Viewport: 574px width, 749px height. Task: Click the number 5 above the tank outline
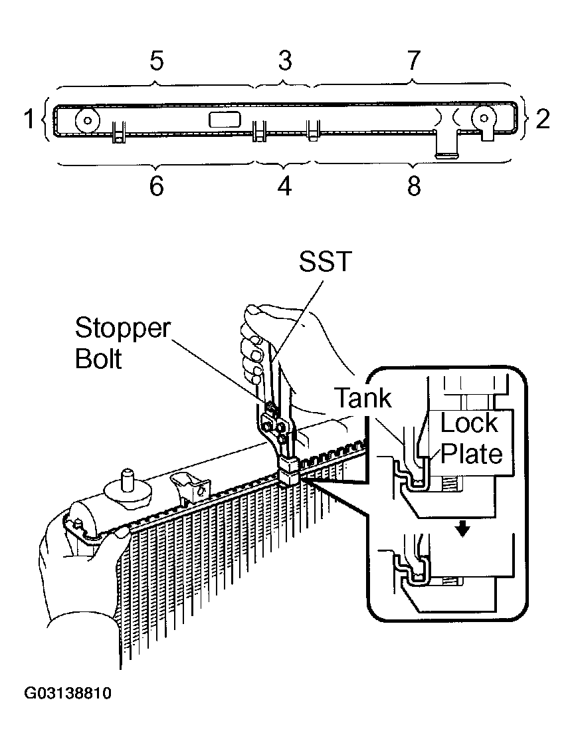click(x=157, y=60)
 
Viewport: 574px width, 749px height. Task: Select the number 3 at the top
click(x=284, y=60)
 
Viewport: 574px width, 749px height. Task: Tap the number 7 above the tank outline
click(x=413, y=60)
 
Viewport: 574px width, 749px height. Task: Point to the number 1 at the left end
click(x=30, y=118)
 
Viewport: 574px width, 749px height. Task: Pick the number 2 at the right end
click(x=543, y=118)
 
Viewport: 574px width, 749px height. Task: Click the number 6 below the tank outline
click(x=157, y=186)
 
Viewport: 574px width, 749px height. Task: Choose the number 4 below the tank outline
click(x=284, y=186)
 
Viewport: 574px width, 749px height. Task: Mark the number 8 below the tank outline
click(x=414, y=186)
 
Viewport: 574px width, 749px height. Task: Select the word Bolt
click(x=98, y=358)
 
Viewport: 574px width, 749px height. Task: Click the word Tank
click(x=363, y=397)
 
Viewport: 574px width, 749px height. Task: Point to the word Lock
click(x=469, y=423)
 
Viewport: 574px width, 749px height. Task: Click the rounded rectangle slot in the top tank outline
click(x=225, y=120)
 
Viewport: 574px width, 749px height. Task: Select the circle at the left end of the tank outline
click(x=87, y=120)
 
